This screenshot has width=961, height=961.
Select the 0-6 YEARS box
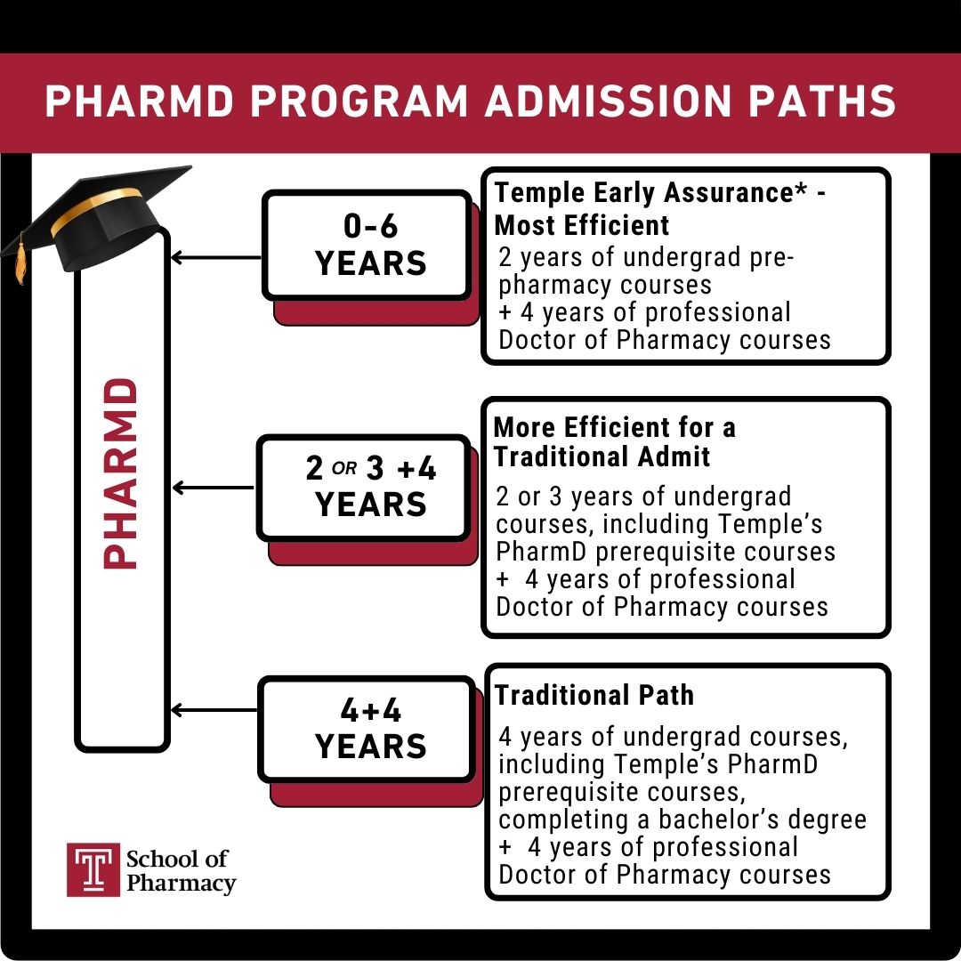coord(367,245)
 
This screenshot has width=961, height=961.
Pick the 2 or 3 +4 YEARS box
coord(363,487)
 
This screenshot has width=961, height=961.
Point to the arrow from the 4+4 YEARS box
coord(214,710)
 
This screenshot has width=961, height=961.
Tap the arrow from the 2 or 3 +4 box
coord(214,488)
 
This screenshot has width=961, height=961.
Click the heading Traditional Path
coord(594,695)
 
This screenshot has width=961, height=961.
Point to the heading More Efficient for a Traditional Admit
coord(614,442)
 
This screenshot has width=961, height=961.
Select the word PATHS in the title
coord(827,102)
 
